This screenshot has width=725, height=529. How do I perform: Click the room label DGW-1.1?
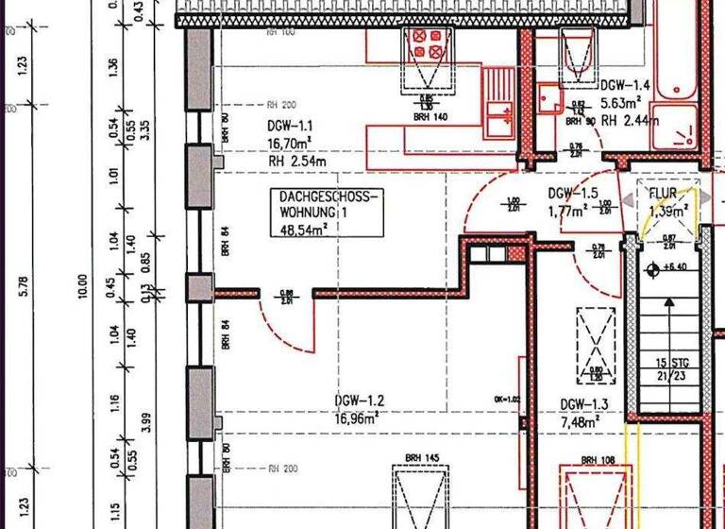pos(289,125)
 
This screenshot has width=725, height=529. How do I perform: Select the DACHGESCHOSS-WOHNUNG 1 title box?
pos(327,211)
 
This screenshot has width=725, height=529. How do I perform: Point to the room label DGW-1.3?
pos(582,403)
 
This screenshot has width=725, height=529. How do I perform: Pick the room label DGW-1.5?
pos(572,194)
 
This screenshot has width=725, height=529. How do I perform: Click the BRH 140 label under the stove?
pos(429,118)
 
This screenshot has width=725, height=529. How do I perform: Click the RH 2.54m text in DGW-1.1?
pos(296,161)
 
